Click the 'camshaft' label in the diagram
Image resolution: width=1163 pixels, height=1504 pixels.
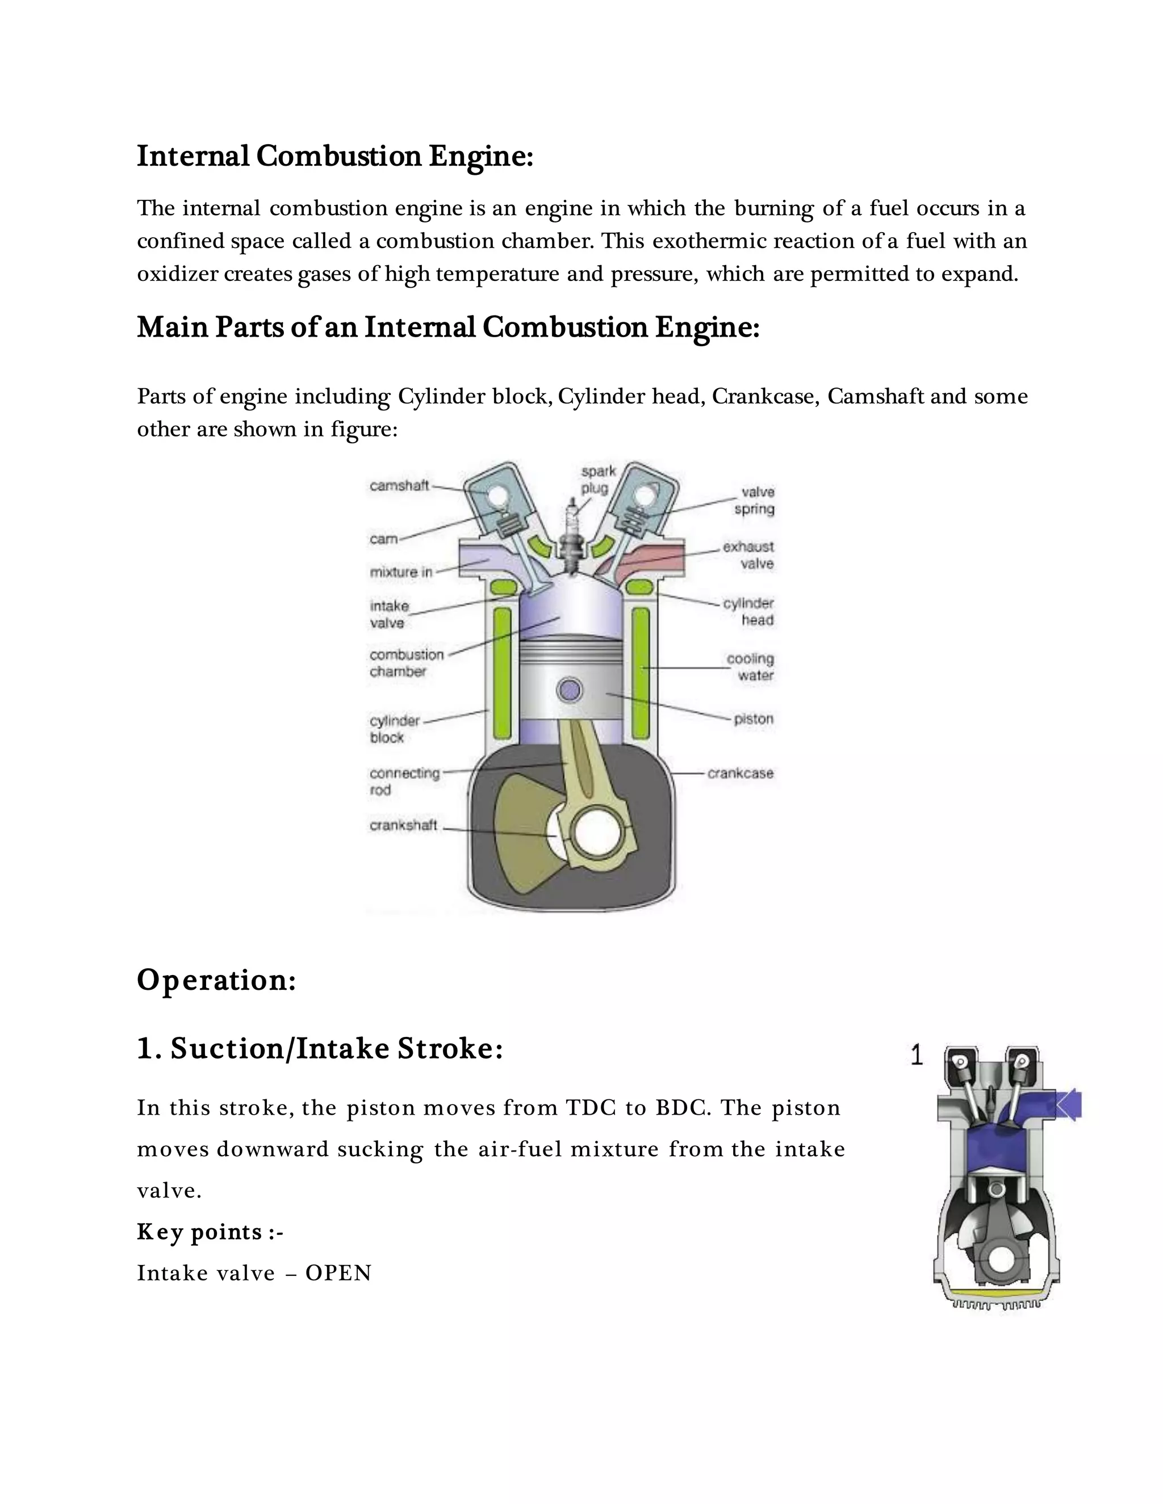[399, 485]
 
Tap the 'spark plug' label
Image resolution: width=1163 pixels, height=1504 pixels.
[597, 480]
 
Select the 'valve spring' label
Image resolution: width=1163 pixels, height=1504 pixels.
[755, 501]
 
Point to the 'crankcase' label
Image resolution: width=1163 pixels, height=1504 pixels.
[740, 774]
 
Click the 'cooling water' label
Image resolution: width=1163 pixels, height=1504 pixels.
[751, 667]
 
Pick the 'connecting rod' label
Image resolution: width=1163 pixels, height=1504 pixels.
[404, 782]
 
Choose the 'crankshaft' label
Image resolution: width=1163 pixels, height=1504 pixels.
[403, 825]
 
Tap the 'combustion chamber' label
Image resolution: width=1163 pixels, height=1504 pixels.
[407, 662]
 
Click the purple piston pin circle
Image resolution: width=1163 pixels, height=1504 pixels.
[569, 690]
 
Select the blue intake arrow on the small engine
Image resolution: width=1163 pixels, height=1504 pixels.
[1068, 1106]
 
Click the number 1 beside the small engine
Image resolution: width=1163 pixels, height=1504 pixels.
[917, 1056]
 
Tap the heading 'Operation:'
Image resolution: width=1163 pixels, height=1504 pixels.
[216, 980]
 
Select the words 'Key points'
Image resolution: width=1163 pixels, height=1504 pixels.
[200, 1232]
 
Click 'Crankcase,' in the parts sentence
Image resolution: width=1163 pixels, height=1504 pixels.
[765, 397]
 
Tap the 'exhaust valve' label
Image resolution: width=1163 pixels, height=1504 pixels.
[750, 555]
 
